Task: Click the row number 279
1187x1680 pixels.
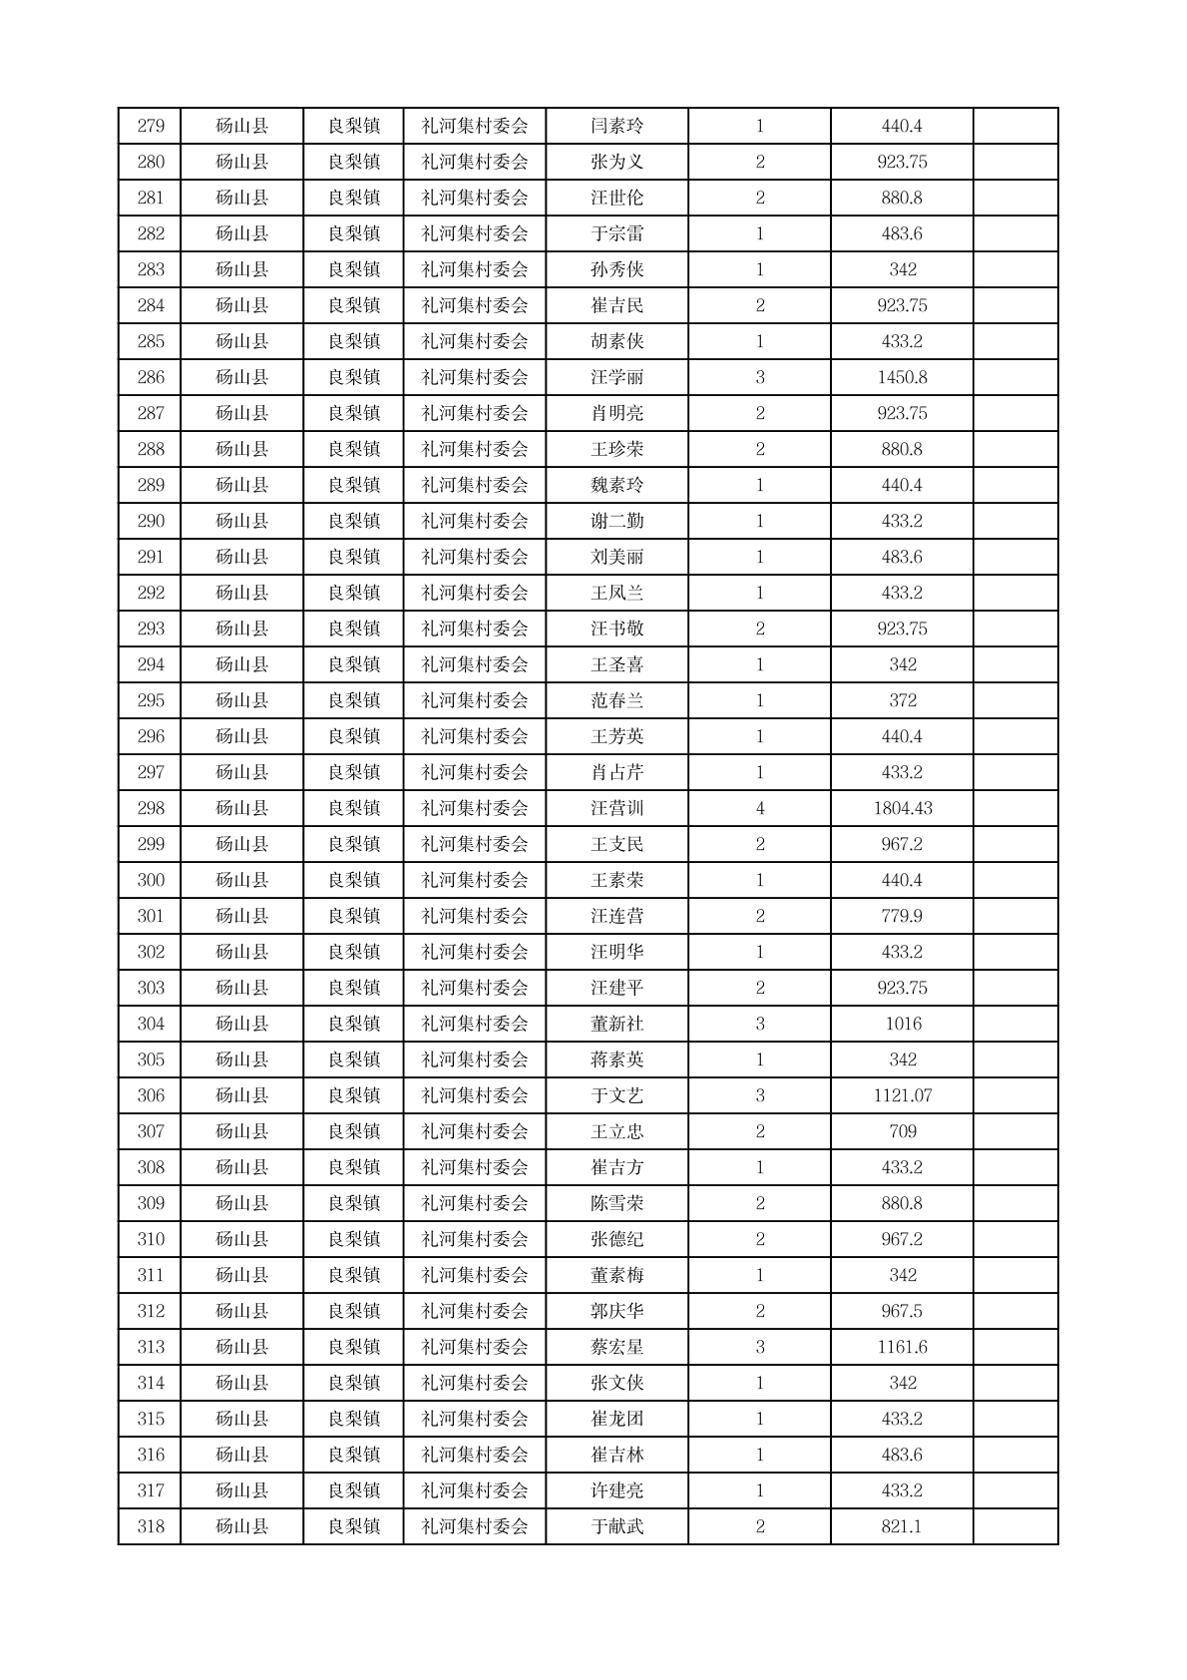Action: (151, 127)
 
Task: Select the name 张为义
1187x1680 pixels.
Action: (616, 163)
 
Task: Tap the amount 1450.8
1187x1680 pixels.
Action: (902, 378)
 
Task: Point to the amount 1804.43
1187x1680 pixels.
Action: (902, 809)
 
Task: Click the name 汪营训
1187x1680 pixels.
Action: (616, 809)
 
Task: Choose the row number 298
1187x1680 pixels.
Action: (151, 809)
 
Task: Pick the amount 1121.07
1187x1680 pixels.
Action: (902, 1096)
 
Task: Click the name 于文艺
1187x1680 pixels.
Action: (616, 1096)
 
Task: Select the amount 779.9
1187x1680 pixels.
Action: (902, 917)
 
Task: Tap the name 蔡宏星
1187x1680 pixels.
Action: (616, 1348)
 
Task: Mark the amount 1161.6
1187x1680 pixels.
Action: (902, 1348)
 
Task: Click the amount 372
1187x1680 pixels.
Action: (902, 701)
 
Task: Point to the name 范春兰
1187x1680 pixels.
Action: (616, 701)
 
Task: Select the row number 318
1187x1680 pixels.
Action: (151, 1527)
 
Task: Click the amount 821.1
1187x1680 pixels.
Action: (902, 1527)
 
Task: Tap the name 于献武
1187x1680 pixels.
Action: (616, 1527)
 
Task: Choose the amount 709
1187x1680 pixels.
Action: (902, 1132)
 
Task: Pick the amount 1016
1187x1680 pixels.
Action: (902, 1025)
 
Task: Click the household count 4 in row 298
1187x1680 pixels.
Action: (760, 809)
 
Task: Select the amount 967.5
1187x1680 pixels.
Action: (902, 1312)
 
